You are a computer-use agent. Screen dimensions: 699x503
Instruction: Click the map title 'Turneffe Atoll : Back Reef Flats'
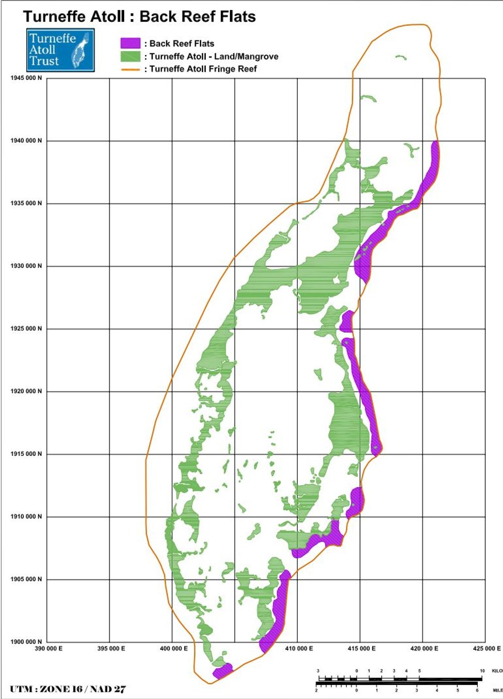click(x=139, y=17)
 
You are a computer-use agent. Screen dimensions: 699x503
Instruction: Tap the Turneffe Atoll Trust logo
click(x=60, y=50)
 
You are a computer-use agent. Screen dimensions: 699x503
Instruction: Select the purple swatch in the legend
click(x=130, y=43)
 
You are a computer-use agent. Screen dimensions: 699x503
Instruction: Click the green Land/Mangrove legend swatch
click(x=130, y=56)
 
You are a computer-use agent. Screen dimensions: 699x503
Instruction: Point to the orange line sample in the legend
click(x=130, y=69)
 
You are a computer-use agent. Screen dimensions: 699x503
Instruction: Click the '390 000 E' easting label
click(x=49, y=649)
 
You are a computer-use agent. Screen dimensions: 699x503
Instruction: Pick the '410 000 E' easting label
click(x=299, y=649)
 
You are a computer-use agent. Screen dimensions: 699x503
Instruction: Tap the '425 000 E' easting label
click(x=487, y=649)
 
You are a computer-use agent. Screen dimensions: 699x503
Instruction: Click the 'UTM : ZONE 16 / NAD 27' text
click(x=68, y=689)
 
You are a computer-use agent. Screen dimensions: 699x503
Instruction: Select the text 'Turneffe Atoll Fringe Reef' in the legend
click(x=203, y=69)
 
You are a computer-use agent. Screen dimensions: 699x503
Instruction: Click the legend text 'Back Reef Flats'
click(x=182, y=44)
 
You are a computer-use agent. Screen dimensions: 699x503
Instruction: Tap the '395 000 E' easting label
click(x=111, y=649)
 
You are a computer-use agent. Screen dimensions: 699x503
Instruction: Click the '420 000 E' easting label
click(x=424, y=649)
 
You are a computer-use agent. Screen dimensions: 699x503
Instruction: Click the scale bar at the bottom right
click(x=400, y=680)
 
